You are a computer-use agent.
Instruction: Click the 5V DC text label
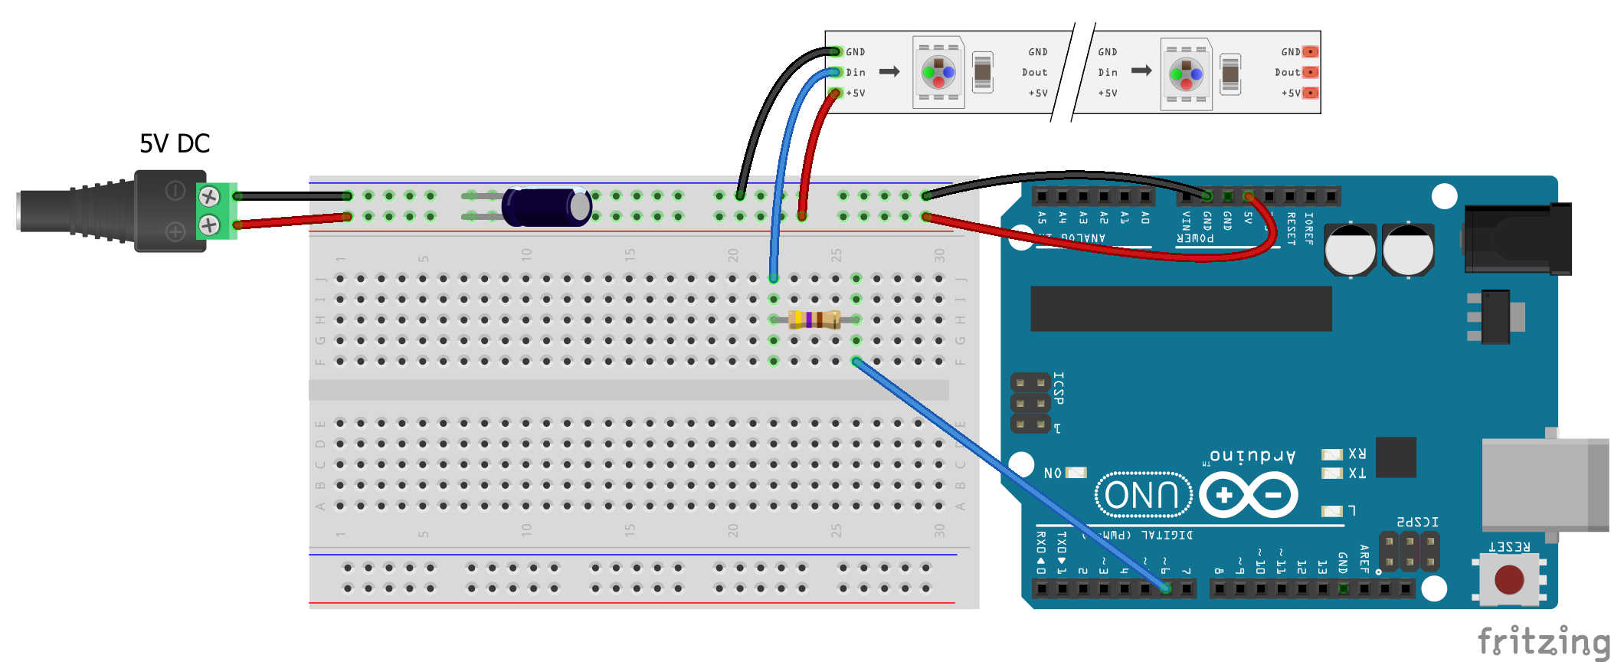tap(175, 144)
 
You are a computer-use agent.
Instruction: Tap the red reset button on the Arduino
tap(1509, 580)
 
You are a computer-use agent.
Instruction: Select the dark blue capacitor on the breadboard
tap(546, 207)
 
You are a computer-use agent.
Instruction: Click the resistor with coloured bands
tap(814, 320)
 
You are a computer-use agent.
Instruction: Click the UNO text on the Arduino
tap(1143, 496)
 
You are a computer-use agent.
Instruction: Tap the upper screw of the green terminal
tap(209, 197)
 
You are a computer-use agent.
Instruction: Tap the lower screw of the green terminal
tap(209, 225)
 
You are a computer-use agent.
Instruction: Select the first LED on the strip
tap(938, 73)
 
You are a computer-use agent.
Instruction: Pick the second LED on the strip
tap(1186, 74)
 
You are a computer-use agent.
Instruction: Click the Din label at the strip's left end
tap(856, 73)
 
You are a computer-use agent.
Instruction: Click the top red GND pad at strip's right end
tap(1311, 52)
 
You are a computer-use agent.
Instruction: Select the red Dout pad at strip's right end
tap(1311, 72)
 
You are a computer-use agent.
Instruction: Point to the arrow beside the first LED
tap(889, 72)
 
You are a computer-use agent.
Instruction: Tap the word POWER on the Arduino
tap(1195, 238)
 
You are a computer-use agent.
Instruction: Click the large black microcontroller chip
tap(1180, 309)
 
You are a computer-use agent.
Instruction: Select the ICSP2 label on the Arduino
tap(1417, 522)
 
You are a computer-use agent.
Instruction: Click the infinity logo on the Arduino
tap(1249, 496)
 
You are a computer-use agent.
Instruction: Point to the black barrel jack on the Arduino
tap(1517, 238)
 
